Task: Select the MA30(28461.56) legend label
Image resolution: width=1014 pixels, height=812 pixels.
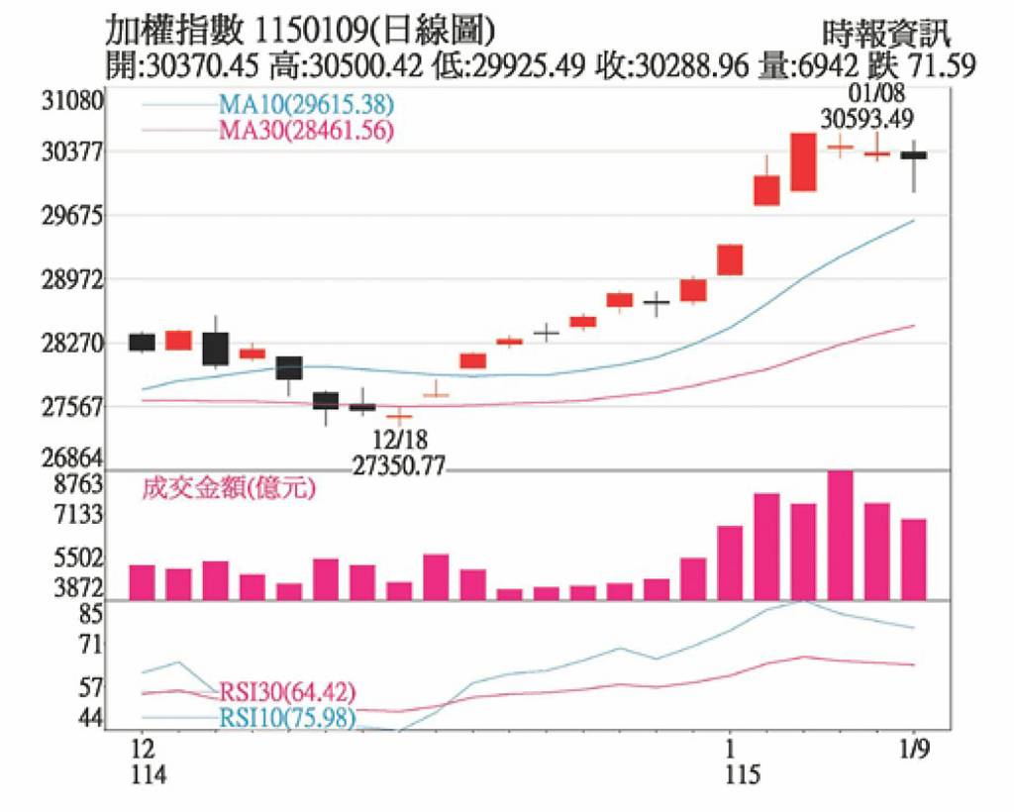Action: point(305,129)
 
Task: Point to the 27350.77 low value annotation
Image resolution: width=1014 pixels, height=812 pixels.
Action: point(398,463)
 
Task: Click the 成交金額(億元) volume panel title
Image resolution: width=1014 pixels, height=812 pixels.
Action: point(229,488)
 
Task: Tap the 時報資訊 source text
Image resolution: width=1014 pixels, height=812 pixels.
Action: point(886,34)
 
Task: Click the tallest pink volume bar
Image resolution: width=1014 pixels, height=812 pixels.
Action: point(840,535)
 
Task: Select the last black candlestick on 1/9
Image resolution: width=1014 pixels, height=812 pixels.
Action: point(914,155)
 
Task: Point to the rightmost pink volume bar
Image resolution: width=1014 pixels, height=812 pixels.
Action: point(914,558)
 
